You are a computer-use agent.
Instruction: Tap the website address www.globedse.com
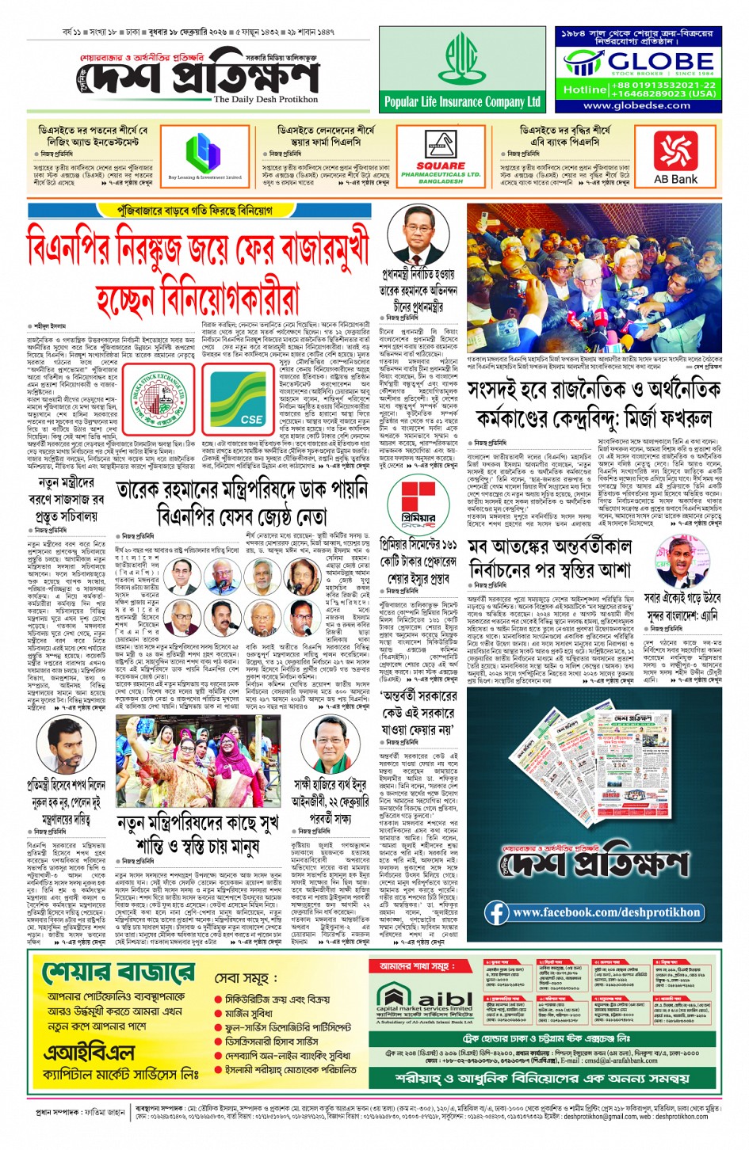(x=636, y=105)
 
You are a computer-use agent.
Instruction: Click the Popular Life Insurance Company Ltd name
(x=462, y=102)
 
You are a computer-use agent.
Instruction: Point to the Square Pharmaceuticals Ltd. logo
(x=441, y=162)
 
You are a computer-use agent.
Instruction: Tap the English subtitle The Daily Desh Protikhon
(x=266, y=100)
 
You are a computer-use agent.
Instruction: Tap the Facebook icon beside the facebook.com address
(x=498, y=912)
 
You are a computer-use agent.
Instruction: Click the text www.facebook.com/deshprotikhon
(x=606, y=912)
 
